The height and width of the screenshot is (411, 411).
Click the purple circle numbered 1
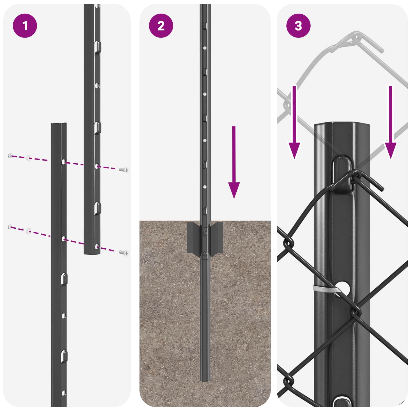[25, 26]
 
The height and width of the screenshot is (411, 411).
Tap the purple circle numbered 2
[161, 26]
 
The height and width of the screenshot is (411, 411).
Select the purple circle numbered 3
[298, 26]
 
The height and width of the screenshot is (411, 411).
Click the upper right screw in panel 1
[124, 170]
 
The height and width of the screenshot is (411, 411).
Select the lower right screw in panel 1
[124, 253]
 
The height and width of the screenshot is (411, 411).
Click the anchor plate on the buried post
[205, 238]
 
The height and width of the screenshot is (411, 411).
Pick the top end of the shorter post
[59, 124]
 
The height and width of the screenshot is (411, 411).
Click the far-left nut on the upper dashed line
[10, 155]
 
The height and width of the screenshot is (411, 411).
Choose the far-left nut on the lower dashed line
[10, 227]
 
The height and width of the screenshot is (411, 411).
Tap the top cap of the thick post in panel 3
[342, 125]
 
